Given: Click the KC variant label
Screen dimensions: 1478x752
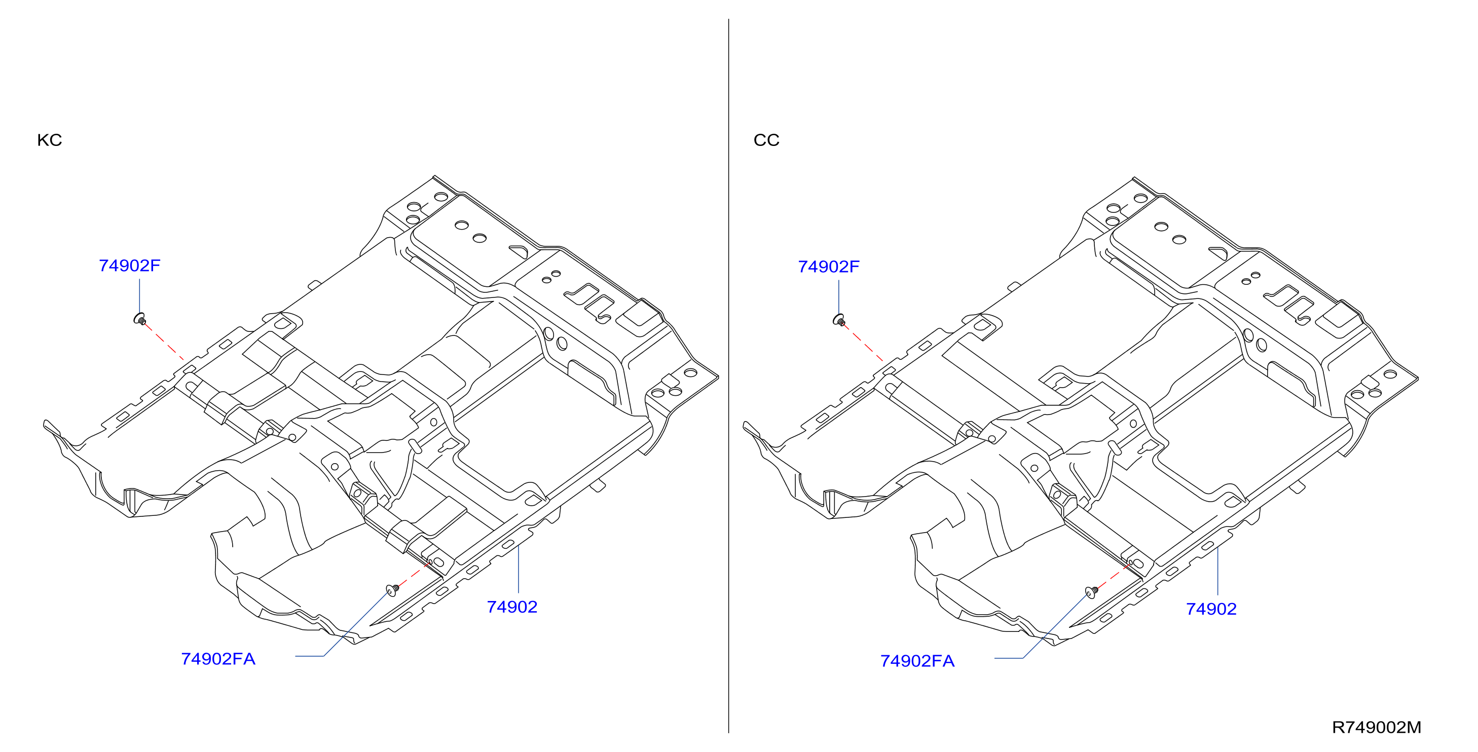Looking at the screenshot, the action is click(x=49, y=140).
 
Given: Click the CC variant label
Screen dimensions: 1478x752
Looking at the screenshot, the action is click(x=766, y=140).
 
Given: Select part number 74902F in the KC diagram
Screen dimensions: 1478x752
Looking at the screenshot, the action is click(x=130, y=266).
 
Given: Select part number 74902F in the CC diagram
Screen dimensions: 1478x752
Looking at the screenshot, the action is click(x=829, y=267).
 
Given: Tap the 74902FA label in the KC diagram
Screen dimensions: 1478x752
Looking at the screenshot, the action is click(x=218, y=659).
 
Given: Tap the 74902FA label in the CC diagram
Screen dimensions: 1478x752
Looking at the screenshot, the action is click(x=917, y=661).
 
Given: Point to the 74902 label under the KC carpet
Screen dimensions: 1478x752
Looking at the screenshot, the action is click(x=512, y=607).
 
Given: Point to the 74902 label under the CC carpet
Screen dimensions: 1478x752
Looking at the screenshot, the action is click(x=1211, y=609).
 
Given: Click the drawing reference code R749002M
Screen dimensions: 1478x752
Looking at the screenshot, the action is click(x=1377, y=727).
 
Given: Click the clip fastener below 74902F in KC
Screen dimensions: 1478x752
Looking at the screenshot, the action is click(x=140, y=319).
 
